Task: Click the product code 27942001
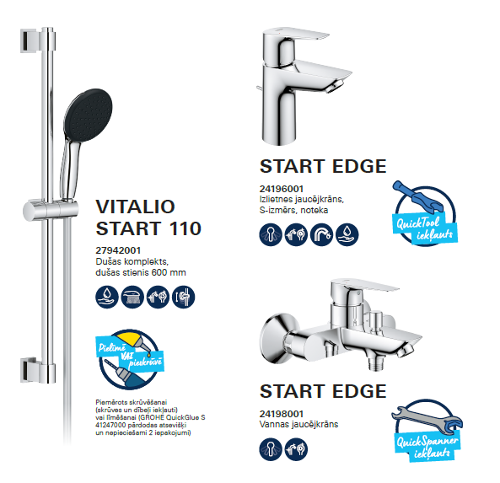[118, 250]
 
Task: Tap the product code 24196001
[282, 189]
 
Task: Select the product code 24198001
[282, 414]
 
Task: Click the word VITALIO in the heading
[135, 207]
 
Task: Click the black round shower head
[89, 115]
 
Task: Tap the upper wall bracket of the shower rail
[38, 40]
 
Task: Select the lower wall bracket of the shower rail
[38, 370]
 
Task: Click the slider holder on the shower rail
[51, 211]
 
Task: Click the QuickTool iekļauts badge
[425, 213]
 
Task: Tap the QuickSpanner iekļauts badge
[427, 431]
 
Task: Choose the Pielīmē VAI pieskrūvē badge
[130, 359]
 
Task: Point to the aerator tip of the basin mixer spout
[335, 86]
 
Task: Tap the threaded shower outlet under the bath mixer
[376, 363]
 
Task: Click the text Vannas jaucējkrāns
[298, 424]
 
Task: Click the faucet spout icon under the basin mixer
[321, 234]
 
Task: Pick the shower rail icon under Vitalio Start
[183, 297]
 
